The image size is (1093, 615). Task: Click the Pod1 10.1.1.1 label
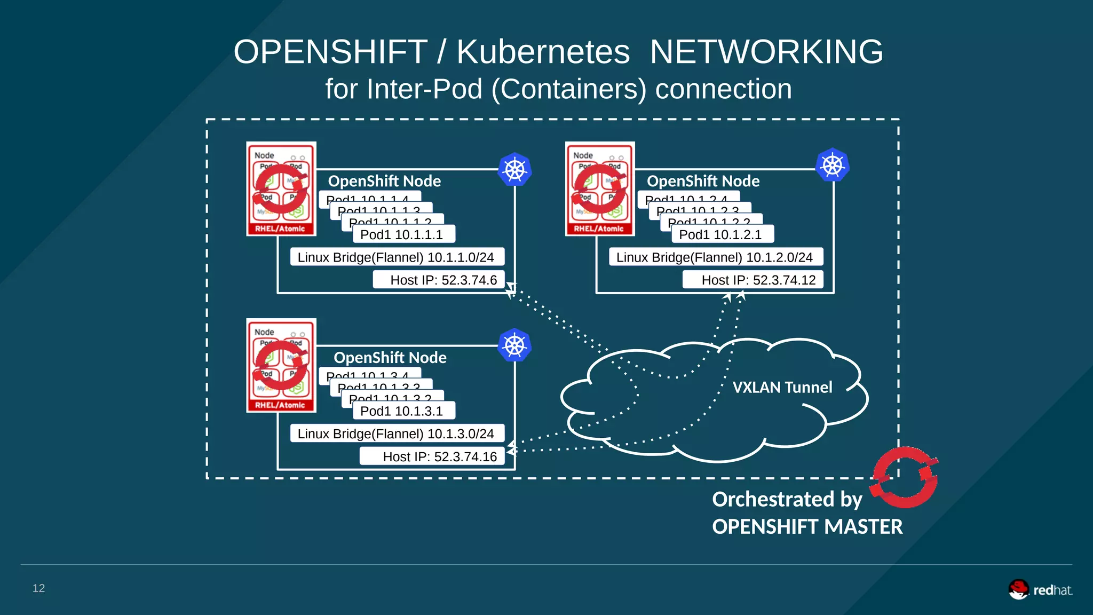[x=402, y=234]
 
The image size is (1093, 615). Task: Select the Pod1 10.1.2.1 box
[x=720, y=234]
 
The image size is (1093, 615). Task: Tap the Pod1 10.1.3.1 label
[x=402, y=411]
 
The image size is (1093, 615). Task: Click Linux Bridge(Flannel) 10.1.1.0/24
[x=396, y=257]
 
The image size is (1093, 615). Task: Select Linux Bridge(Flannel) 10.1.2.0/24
[x=715, y=257]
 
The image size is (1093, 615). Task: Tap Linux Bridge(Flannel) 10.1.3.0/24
[x=396, y=433]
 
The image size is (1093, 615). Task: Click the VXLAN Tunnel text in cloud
[x=782, y=387]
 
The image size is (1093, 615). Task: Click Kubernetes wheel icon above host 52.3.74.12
[x=833, y=165]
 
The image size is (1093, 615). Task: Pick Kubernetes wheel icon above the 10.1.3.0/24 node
[x=514, y=345]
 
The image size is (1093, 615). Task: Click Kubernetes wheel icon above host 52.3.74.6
[x=514, y=170]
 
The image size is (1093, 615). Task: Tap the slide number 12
[x=38, y=588]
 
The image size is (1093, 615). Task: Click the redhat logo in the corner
[x=1040, y=590]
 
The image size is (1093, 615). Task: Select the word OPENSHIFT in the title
[x=330, y=52]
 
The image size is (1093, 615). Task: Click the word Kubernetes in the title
[x=543, y=52]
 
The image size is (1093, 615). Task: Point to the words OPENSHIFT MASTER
[x=807, y=527]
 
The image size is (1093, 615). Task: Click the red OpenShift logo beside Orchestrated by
[x=905, y=477]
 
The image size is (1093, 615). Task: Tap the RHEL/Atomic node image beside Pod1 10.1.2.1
[x=600, y=189]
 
